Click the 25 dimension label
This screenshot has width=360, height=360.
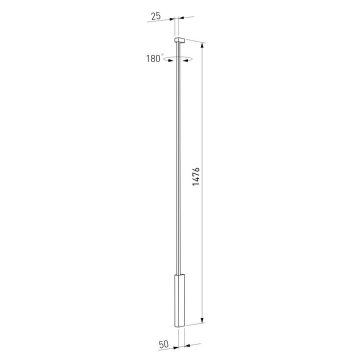click(x=155, y=16)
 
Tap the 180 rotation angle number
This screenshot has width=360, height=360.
click(x=152, y=58)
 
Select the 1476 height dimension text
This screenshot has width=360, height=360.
click(x=196, y=177)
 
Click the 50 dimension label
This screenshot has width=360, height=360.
click(x=163, y=344)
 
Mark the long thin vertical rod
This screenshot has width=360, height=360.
click(x=178, y=160)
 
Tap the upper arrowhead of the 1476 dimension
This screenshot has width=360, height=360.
click(x=202, y=46)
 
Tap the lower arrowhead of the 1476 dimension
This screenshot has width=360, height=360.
click(x=202, y=321)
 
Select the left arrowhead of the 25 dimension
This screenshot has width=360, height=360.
click(x=172, y=18)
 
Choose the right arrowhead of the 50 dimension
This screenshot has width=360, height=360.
click(x=187, y=344)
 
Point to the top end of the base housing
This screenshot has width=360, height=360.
click(x=179, y=275)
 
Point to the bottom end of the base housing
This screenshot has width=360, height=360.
click(x=179, y=327)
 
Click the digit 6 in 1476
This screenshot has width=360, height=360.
click(x=196, y=168)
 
